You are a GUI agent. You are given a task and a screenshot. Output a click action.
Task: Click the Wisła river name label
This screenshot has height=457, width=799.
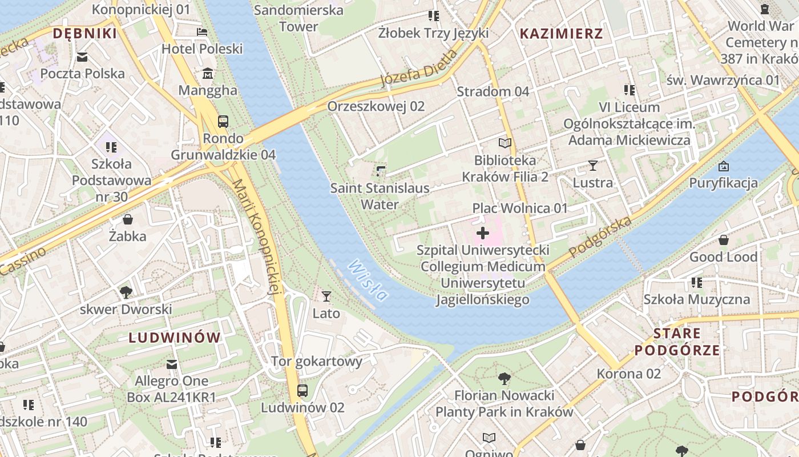point(368,280)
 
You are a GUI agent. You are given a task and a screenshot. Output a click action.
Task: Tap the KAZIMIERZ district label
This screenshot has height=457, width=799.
point(561,34)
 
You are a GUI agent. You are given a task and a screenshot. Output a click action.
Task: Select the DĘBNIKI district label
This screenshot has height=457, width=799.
point(84,34)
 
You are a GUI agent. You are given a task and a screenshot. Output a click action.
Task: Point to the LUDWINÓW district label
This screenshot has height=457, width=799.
point(175,337)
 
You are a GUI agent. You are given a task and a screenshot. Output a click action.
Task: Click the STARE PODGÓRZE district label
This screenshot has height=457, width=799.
point(677,342)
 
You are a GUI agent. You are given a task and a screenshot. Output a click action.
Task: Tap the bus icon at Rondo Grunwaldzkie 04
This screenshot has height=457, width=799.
point(223,121)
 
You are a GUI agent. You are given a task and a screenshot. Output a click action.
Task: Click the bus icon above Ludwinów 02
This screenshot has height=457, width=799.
point(302,391)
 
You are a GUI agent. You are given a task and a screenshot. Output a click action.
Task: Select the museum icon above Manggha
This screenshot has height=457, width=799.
point(208,74)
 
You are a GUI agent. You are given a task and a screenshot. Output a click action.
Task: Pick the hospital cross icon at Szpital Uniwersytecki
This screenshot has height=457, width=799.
point(483,233)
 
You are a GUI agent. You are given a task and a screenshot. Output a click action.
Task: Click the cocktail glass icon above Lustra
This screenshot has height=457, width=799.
point(593,166)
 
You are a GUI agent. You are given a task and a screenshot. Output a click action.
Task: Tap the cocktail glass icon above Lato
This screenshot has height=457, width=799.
point(326,296)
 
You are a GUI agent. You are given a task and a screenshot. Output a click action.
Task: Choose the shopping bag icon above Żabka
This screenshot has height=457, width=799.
point(128,219)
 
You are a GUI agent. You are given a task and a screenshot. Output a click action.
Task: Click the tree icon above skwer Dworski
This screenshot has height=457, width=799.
point(126,292)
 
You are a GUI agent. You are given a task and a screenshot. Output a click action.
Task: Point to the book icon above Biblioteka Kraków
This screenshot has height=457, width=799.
point(505,143)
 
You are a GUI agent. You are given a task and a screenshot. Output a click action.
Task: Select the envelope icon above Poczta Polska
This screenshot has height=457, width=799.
point(82,57)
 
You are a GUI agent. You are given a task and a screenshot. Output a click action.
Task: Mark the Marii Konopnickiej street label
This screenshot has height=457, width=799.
point(257,238)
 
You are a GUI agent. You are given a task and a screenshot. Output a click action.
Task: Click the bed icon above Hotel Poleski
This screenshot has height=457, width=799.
point(202,32)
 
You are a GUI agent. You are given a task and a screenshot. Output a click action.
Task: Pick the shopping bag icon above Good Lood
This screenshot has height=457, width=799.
point(723,240)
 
